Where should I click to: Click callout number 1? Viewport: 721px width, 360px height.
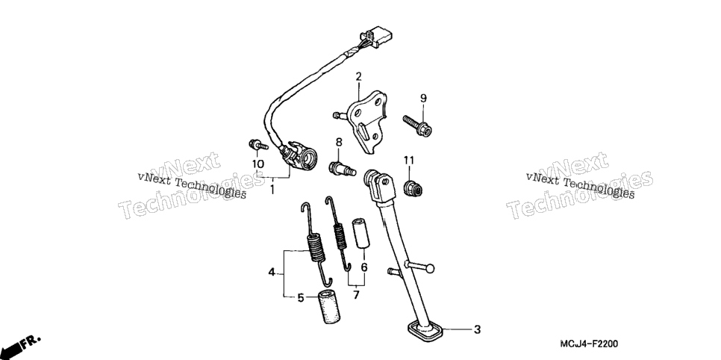pos(272,189)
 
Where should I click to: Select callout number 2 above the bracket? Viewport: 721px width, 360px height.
pos(358,77)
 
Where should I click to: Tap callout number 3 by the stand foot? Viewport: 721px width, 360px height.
pos(477,329)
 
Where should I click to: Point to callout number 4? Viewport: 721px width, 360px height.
pos(272,273)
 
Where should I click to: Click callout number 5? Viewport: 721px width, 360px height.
pos(301,298)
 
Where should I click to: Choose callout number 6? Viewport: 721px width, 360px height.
pos(363,267)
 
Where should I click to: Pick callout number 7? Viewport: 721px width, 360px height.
pos(356,295)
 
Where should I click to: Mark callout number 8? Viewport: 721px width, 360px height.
pos(339,141)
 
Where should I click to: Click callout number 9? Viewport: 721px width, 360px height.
pos(423,98)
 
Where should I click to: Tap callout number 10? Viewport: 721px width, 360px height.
pos(257,164)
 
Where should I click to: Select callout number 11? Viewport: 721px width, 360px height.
pos(409,160)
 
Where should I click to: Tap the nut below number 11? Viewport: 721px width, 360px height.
pos(413,187)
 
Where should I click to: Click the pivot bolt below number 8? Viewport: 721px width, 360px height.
pos(343,169)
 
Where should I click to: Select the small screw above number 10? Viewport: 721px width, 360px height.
pos(259,145)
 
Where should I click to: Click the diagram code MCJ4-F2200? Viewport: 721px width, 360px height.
pos(589,344)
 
